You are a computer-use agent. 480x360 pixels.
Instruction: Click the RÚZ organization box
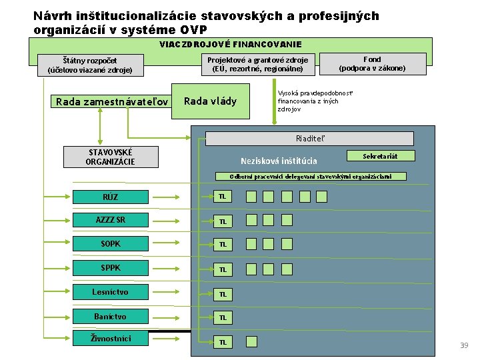[x=111, y=196]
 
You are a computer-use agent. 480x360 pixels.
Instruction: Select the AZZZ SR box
[x=111, y=220]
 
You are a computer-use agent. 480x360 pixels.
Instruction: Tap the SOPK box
[x=111, y=244]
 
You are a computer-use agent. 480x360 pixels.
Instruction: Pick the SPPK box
[x=111, y=269]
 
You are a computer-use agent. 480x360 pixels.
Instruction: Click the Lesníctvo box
[x=111, y=292]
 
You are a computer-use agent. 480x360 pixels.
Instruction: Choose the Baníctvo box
[x=111, y=316]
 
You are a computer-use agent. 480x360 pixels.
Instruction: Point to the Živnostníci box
[x=111, y=339]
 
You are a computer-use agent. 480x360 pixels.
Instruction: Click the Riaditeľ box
[x=310, y=139]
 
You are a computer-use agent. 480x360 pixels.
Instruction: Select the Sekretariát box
[x=381, y=156]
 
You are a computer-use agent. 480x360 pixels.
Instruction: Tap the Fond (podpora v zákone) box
[x=371, y=64]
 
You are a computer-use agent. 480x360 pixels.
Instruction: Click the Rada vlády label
[x=210, y=101]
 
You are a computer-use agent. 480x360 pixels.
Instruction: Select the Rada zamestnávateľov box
[x=111, y=102]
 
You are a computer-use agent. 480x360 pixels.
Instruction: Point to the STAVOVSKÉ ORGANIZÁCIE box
[x=111, y=157]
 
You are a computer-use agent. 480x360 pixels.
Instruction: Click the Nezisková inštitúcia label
[x=279, y=161]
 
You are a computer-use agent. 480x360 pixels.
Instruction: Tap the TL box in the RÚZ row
[x=223, y=197]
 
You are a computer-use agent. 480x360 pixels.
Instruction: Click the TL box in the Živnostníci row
[x=223, y=342]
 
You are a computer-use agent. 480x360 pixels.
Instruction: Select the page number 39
[x=464, y=345]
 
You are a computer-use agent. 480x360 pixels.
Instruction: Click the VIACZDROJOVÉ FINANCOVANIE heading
[x=230, y=45]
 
